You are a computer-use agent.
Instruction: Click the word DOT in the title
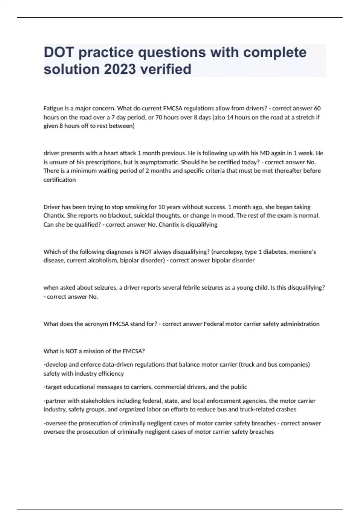(x=59, y=52)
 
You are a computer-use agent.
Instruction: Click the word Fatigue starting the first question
(x=53, y=108)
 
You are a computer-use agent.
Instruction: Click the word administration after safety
(x=300, y=324)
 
